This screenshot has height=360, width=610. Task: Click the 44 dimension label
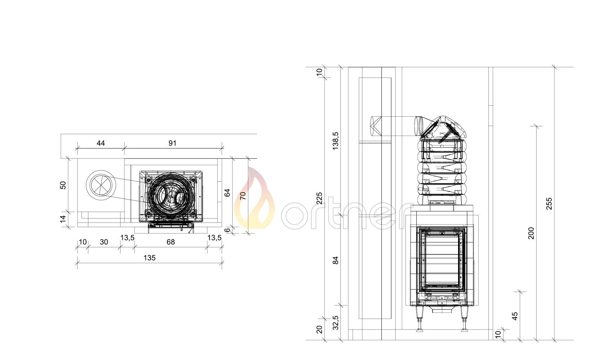click(101, 143)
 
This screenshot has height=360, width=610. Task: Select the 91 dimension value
click(172, 143)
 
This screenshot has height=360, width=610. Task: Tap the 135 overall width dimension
click(149, 258)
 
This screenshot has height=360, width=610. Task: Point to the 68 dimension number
click(171, 242)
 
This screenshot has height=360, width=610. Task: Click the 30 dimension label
click(104, 242)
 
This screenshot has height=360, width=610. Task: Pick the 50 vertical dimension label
click(63, 185)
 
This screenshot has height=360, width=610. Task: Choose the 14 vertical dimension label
click(63, 219)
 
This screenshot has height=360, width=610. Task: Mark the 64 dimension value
click(227, 193)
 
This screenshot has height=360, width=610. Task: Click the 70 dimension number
click(243, 196)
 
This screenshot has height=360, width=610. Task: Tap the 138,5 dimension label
click(335, 141)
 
